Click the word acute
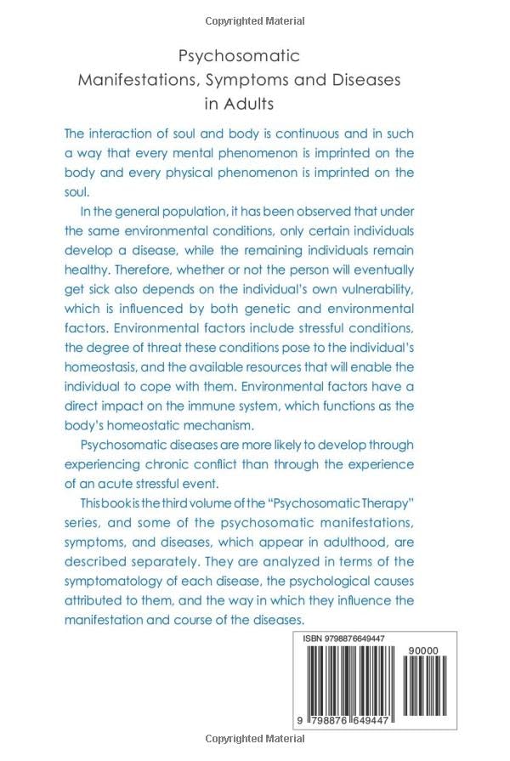[x=111, y=484]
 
